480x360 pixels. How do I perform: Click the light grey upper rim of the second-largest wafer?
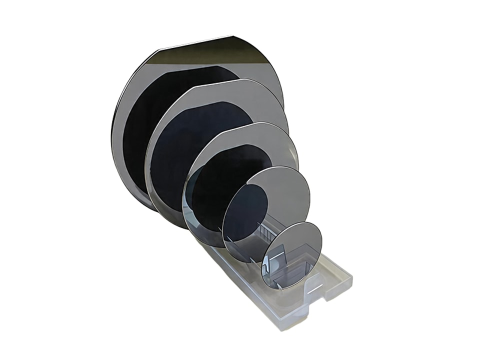click(235, 92)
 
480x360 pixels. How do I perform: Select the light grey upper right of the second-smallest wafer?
click(290, 185)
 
